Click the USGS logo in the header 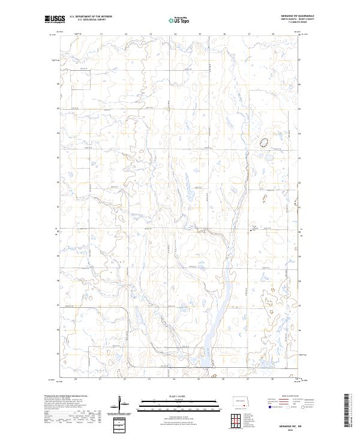55,19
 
